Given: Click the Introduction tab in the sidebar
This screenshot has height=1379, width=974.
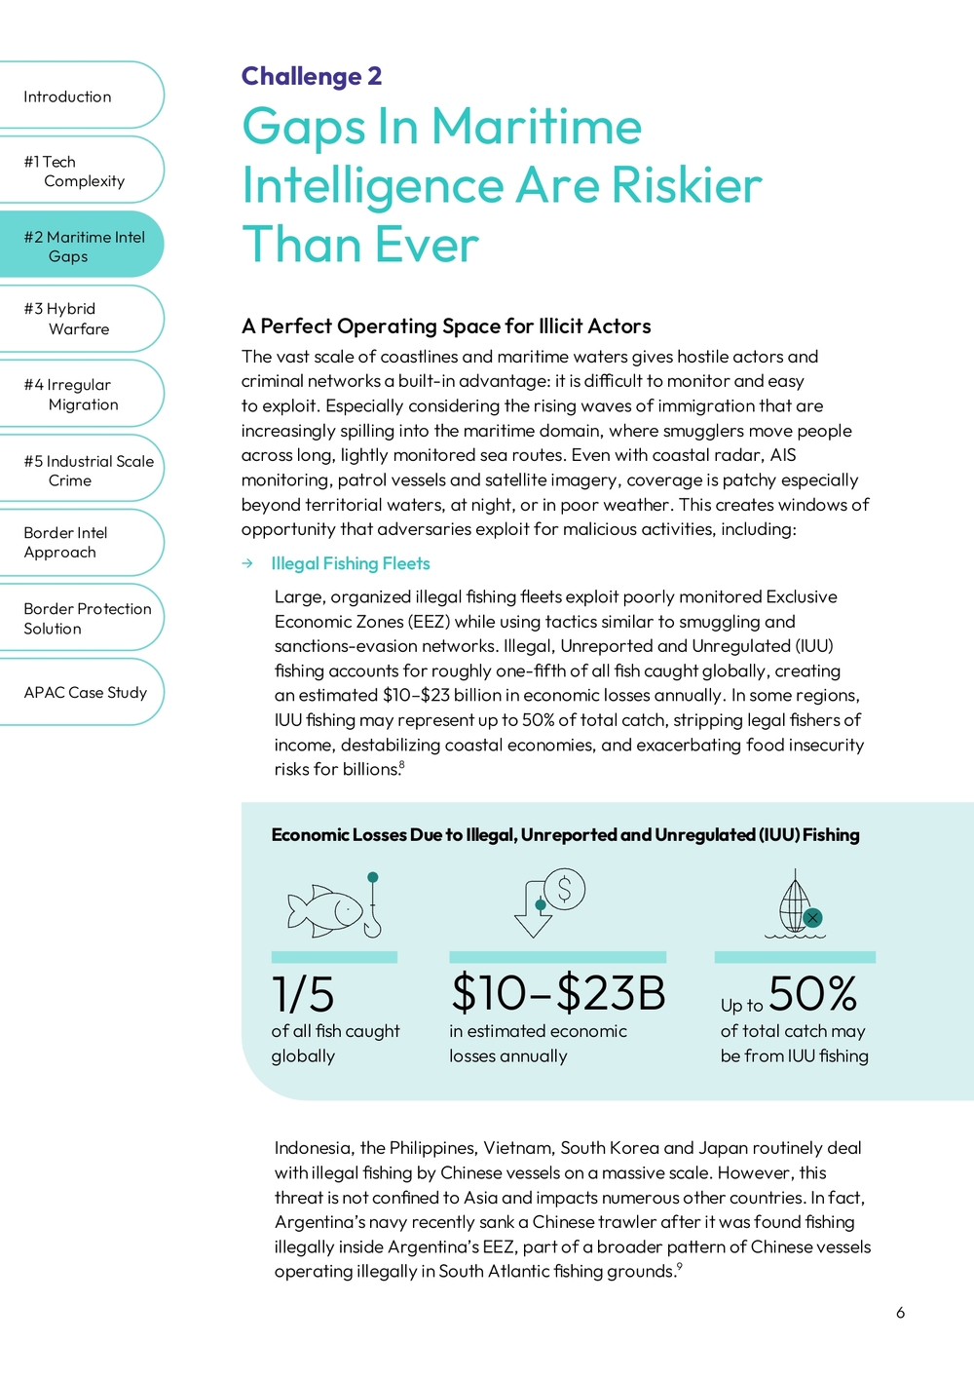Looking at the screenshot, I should [68, 96].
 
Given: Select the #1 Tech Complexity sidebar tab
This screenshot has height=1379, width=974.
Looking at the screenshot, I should [74, 172].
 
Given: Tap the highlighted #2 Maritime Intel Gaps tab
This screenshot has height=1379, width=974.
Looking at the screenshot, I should [84, 247].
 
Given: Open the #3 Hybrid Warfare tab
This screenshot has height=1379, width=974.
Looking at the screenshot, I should [68, 319].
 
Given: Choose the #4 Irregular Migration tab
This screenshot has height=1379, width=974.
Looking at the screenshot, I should [71, 395].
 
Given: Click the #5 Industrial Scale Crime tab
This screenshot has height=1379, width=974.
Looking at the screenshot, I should [88, 471].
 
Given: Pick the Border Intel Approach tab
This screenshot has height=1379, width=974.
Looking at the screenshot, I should [65, 543].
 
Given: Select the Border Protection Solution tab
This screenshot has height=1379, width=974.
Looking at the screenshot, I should [87, 619].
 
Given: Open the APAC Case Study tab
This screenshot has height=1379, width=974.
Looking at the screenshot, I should [85, 693].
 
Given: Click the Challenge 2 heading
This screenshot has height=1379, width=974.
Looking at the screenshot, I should [312, 76].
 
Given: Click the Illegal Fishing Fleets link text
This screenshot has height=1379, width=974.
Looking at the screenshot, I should [351, 563].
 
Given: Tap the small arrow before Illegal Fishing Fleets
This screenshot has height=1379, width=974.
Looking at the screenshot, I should [248, 563].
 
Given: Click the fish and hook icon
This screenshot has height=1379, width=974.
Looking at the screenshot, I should [334, 906].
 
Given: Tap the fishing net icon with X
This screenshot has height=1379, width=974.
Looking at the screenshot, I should [797, 904].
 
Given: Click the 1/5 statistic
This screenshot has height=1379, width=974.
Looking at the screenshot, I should [303, 994].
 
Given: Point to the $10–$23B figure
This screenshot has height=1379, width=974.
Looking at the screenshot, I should [558, 993].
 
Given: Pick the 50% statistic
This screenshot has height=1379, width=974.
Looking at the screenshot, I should [812, 993].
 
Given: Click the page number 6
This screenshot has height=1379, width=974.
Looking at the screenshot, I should [900, 1313].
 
